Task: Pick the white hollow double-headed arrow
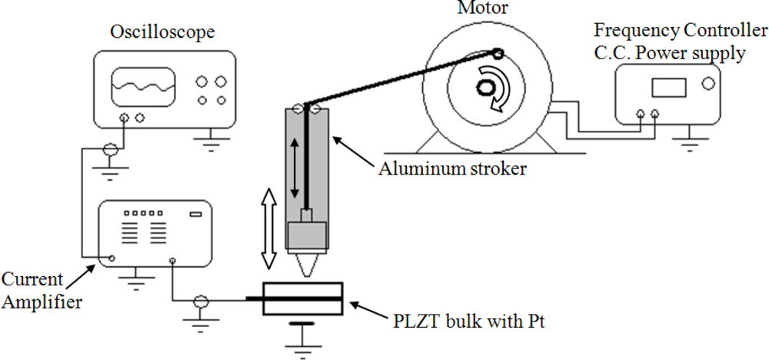[268, 230]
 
